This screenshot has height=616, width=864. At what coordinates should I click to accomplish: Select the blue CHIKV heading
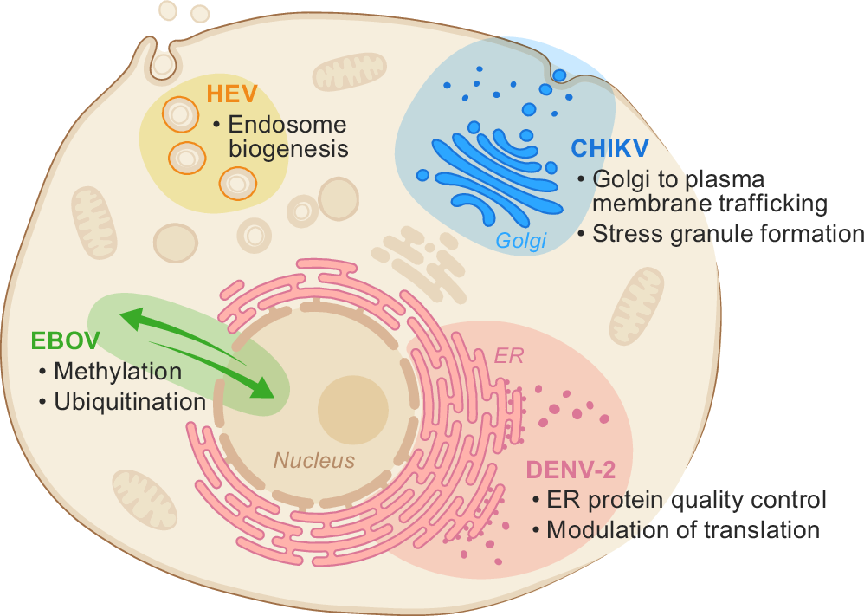coord(610,148)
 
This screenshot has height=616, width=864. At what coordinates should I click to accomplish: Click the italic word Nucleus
coord(314,460)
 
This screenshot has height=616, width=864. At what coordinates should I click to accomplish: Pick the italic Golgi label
coord(522,242)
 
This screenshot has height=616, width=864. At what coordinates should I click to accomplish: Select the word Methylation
coord(118,372)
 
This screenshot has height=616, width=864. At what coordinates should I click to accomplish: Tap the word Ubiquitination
coord(130,402)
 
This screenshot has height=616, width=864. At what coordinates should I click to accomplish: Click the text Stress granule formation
coord(728,234)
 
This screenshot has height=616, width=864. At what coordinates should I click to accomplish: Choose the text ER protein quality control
coord(687,500)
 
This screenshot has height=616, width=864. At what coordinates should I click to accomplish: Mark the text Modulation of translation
coord(683,529)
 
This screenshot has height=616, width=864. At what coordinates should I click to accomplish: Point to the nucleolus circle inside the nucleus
coord(352,410)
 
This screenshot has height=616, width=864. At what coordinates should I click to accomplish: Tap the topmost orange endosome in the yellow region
coord(181,113)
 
